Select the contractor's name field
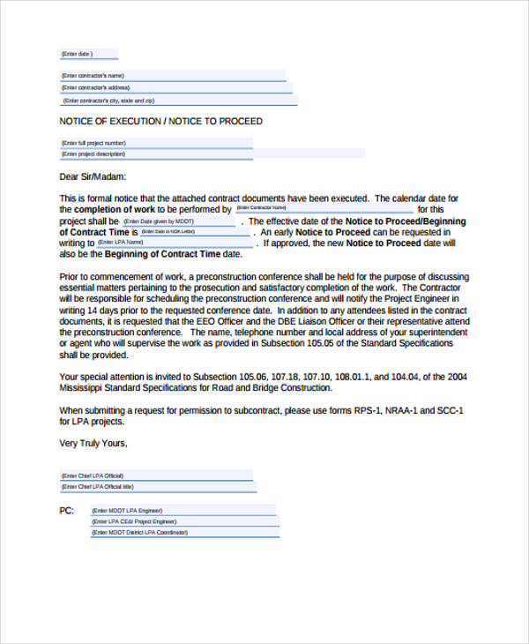[x=172, y=76]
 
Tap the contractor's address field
[x=172, y=88]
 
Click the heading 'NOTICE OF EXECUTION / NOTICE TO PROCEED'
[x=160, y=121]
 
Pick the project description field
[x=212, y=154]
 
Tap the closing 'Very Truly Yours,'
[x=93, y=444]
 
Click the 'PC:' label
[x=67, y=511]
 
